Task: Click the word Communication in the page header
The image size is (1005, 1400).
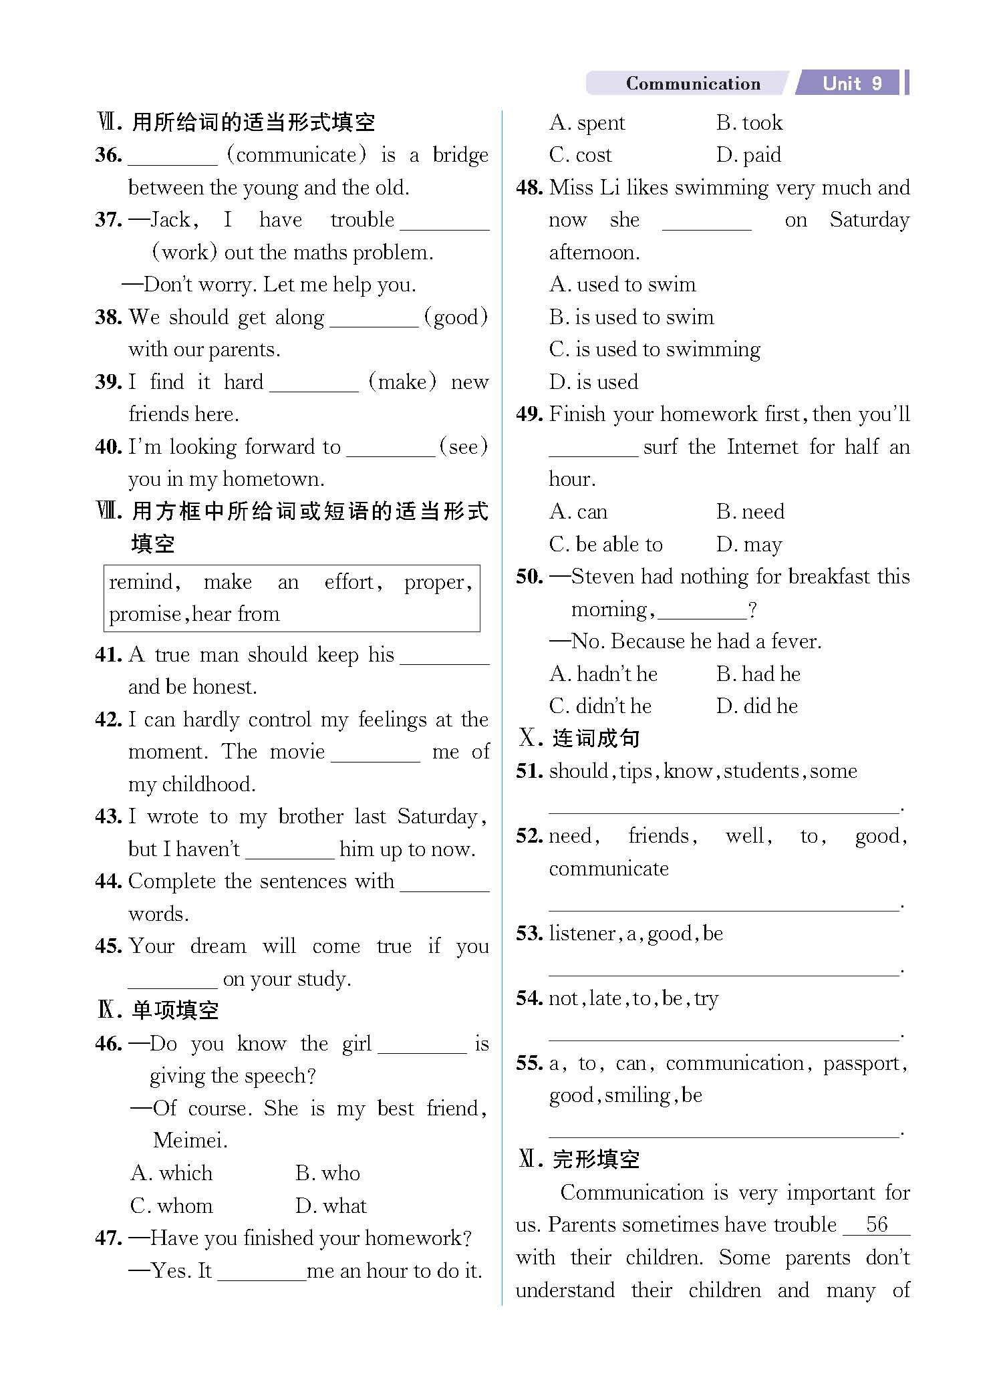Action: pos(692,84)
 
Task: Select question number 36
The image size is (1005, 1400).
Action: pos(108,155)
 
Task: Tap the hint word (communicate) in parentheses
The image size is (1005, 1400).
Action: pos(297,155)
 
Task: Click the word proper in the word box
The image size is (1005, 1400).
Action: pos(438,582)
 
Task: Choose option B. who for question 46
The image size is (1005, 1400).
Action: pos(327,1173)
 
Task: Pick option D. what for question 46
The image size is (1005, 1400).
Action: pos(331,1206)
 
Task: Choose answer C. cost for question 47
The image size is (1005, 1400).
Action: pos(580,155)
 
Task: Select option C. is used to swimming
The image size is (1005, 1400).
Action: pos(654,349)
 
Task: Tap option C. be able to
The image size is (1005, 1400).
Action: pos(605,545)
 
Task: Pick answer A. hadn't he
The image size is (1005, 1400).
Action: pos(603,674)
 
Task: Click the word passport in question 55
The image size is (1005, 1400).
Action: pos(864,1063)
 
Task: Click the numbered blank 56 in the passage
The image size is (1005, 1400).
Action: pos(876,1225)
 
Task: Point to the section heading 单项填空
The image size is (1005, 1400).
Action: pos(175,1010)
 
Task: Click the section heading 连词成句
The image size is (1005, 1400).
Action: pos(595,738)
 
